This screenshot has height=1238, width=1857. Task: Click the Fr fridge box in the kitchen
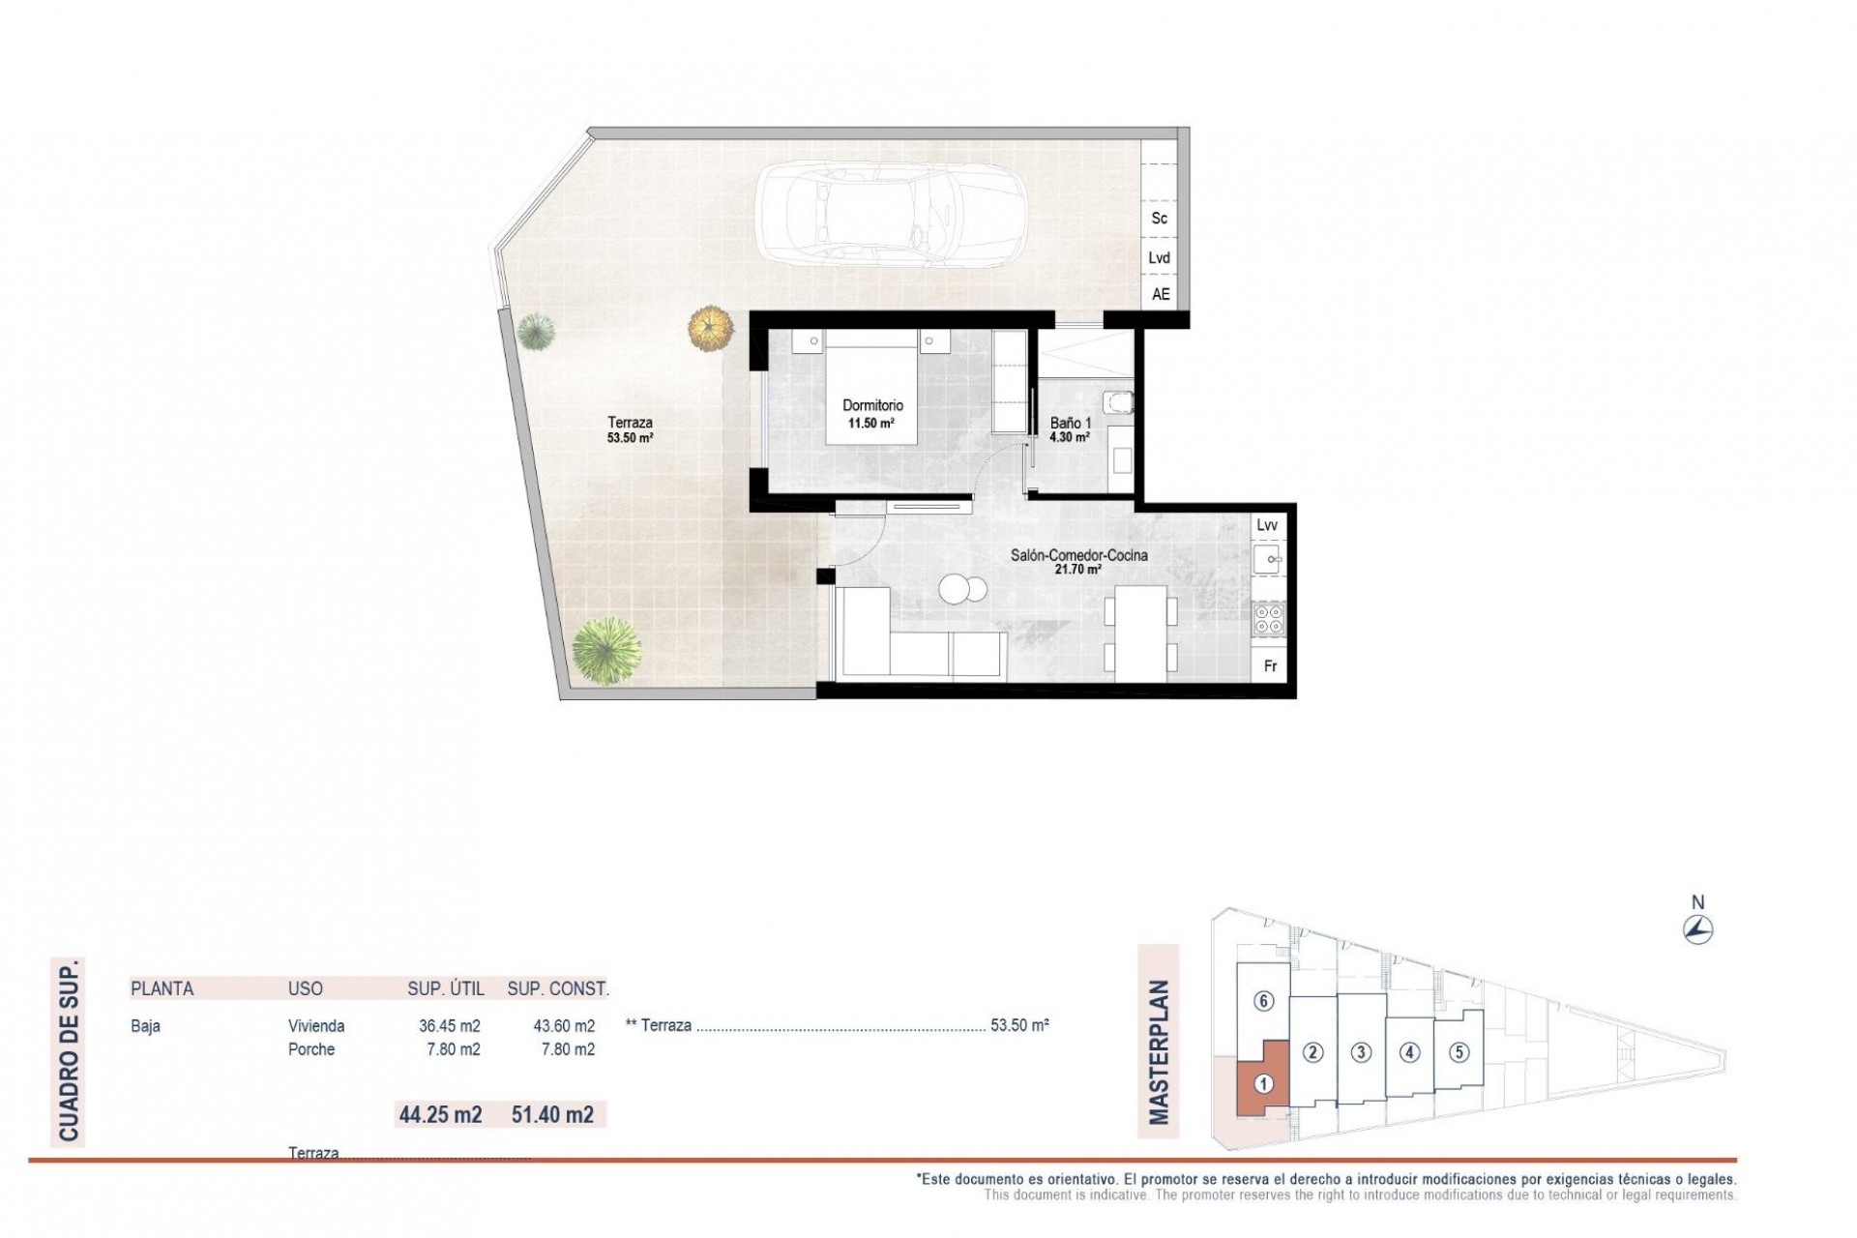[1271, 666]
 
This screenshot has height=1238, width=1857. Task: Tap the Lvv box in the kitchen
[1267, 525]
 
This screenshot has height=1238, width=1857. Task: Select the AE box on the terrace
[1161, 294]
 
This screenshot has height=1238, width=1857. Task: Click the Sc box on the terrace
[1160, 219]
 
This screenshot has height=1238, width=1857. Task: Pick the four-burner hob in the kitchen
[1268, 619]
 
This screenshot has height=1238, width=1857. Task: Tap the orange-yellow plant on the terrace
[711, 327]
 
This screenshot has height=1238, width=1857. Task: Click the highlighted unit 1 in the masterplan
[1262, 1084]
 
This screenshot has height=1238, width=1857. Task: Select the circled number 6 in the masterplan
[1263, 1001]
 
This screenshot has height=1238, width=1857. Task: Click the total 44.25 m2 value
[440, 1114]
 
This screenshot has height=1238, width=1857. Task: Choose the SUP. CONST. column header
[558, 988]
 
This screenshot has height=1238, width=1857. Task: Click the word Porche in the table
[311, 1049]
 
